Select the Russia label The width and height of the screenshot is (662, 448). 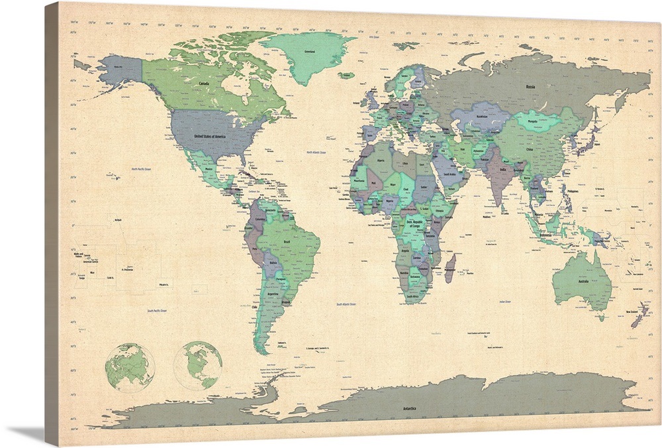(x=530, y=87)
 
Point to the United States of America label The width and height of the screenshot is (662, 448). (x=209, y=136)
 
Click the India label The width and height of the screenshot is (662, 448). (x=504, y=170)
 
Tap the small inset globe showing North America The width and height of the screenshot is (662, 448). (x=197, y=365)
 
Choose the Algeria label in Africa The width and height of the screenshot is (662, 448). (x=380, y=160)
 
